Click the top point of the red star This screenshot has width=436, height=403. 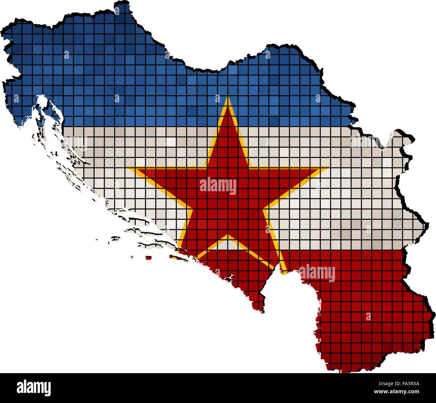[x=228, y=98]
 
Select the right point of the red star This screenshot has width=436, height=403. [x=327, y=167]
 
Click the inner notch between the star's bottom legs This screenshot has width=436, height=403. [x=228, y=236]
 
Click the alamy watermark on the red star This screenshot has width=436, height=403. [x=218, y=186]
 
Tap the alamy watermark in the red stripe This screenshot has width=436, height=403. [x=317, y=272]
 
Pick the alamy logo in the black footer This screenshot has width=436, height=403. [x=34, y=388]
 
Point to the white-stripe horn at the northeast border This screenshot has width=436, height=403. [x=402, y=134]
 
